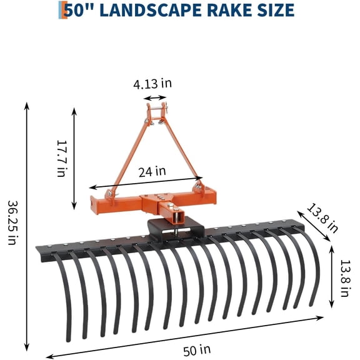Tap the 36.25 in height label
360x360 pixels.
tap(12, 222)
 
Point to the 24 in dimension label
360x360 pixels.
tap(152, 171)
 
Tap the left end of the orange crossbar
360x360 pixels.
tap(96, 204)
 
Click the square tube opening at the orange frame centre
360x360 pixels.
tap(177, 215)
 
